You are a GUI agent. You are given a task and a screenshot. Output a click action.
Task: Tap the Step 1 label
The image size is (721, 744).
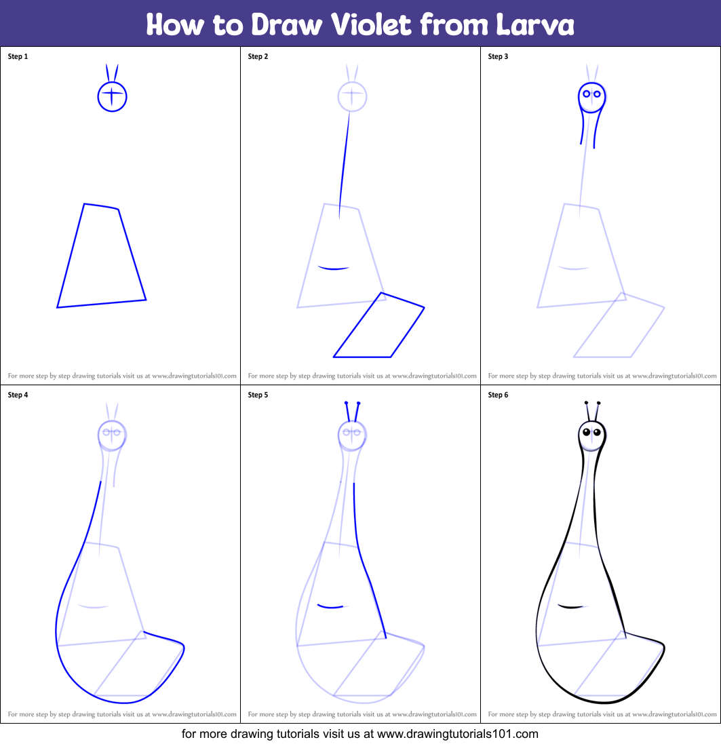pos(18,56)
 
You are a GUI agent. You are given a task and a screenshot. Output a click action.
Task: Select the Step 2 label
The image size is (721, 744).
pos(258,56)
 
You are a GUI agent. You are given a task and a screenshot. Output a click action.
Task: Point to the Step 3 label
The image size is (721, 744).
pos(498,56)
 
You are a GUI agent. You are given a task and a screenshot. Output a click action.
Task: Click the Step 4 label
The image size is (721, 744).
pos(18,395)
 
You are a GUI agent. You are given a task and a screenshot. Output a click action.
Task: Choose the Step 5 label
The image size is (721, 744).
pos(258,395)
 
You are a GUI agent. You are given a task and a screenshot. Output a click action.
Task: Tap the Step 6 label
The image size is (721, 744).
pos(498,395)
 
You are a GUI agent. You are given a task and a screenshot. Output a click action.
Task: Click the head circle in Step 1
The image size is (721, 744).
pos(113,96)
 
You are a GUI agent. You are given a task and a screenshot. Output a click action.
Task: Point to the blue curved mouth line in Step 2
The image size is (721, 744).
pos(334,269)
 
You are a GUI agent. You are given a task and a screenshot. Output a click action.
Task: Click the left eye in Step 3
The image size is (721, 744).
pos(586,94)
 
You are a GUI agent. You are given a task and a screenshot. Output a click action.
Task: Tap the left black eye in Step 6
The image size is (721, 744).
pos(587,432)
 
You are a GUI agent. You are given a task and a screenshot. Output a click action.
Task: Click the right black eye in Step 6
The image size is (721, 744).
pos(597,432)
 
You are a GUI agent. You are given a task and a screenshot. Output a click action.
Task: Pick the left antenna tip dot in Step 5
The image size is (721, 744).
pos(347,403)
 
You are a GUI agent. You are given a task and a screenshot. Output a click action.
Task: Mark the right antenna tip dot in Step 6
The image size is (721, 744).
pos(598,403)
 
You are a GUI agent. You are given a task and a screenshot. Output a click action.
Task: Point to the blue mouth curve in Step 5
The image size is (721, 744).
pos(330,606)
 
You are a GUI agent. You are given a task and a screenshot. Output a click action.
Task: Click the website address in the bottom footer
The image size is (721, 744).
pos(457,734)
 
